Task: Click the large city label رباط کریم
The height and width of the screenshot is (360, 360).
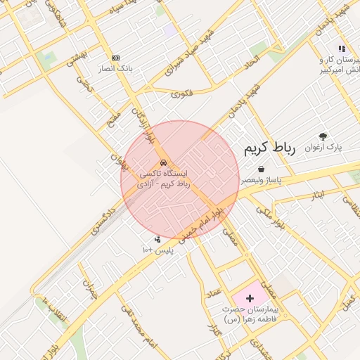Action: (281, 149)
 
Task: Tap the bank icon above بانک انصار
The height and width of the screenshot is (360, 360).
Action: (116, 58)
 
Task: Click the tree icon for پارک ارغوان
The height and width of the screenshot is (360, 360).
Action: (323, 136)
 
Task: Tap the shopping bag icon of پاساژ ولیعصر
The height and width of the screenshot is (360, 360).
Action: (262, 169)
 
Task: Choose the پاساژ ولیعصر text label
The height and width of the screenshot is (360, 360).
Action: (262, 181)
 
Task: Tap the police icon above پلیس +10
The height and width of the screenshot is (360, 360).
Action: (157, 239)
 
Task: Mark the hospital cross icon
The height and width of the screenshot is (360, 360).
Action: (250, 298)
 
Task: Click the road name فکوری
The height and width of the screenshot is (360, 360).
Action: (181, 92)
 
